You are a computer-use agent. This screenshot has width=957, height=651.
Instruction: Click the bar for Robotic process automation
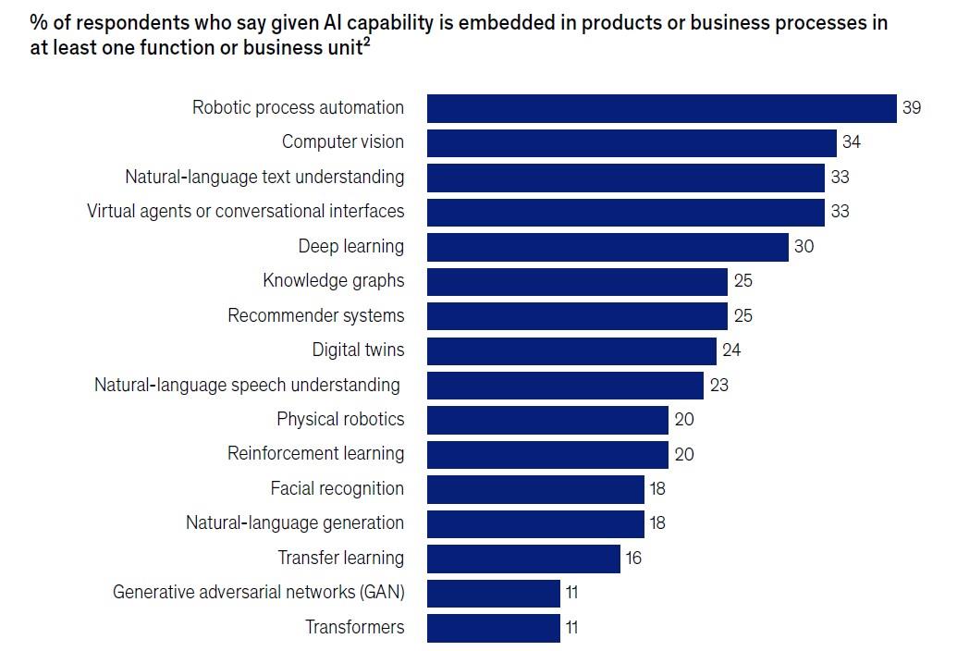coord(661,108)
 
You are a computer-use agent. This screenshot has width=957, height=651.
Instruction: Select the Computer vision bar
coord(632,142)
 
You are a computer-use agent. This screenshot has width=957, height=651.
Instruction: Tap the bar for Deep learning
coord(607,246)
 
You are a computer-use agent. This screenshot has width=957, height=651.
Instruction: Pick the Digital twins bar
coord(571,350)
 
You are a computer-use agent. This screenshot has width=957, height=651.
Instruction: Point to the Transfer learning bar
coord(523,558)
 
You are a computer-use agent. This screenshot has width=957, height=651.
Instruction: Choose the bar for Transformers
coord(494,627)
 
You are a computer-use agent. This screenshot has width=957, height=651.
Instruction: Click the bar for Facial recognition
coord(535,488)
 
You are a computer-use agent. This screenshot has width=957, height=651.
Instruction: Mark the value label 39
coord(912,108)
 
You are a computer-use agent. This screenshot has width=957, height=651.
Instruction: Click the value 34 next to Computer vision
coord(852,142)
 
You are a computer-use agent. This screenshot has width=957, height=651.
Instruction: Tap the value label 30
coord(804,246)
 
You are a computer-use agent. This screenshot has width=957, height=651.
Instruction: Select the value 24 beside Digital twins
coord(731,350)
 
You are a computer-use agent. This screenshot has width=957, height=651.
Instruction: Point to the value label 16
coord(632,558)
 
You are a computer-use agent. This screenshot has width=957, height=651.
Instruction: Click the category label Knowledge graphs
coord(333,281)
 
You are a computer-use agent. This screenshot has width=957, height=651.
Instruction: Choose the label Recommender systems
coord(315,315)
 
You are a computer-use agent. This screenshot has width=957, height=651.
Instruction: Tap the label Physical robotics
coord(340,419)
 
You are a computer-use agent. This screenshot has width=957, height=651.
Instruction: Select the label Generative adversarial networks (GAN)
coord(258,592)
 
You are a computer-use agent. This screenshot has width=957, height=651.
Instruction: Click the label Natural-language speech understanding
coord(247,385)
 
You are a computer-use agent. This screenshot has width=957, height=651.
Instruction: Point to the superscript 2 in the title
coord(367,42)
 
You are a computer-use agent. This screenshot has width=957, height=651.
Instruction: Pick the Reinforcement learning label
coord(315,453)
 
